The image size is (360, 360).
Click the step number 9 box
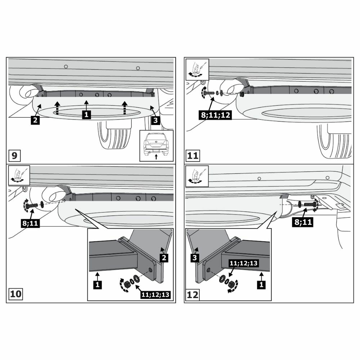(14, 156)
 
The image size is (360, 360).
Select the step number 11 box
(193, 156)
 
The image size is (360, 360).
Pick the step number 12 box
(193, 294)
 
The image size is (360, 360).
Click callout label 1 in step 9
(86, 114)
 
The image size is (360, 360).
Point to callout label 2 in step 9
(35, 120)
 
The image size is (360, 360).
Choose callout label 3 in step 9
(155, 120)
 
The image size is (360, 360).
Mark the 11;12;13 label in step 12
(243, 264)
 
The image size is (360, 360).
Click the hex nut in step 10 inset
(127, 285)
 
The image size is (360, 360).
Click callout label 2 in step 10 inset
(164, 258)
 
